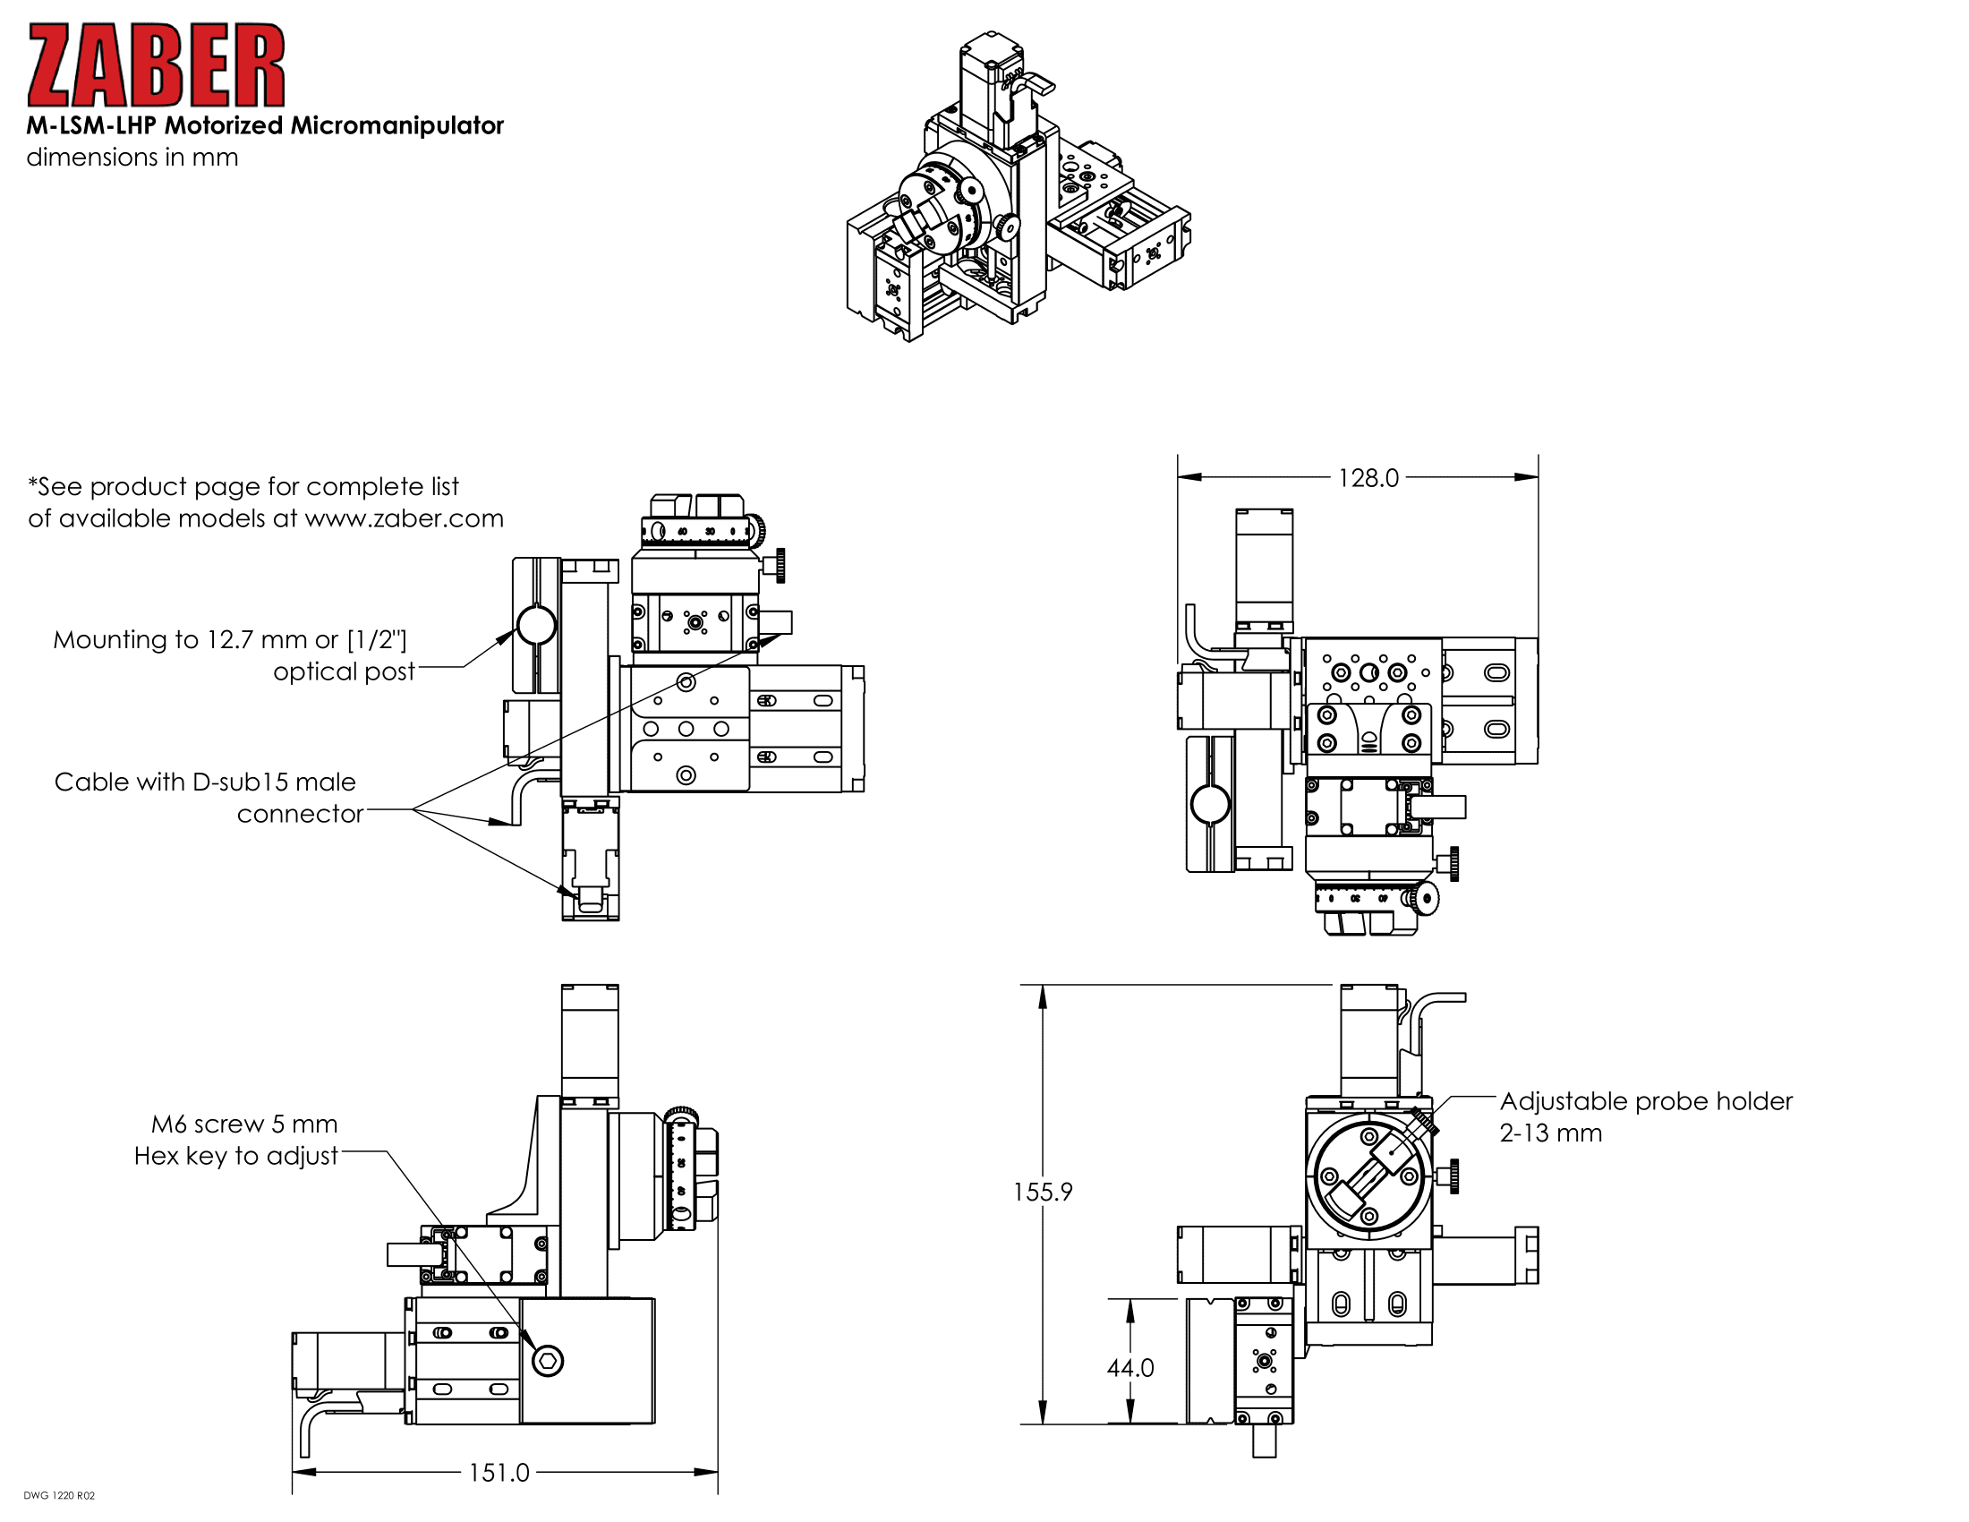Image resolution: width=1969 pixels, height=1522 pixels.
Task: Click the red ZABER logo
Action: (156, 66)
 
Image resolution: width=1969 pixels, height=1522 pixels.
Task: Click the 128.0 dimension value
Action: (1368, 478)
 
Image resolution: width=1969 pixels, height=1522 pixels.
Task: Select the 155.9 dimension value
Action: (1042, 1192)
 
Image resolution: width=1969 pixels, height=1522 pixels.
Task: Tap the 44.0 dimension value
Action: (1129, 1368)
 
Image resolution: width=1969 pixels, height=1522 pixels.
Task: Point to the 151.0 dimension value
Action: (499, 1474)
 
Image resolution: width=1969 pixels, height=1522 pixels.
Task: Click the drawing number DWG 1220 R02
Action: (58, 1496)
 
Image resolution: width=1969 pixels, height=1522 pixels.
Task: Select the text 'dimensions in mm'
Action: (132, 157)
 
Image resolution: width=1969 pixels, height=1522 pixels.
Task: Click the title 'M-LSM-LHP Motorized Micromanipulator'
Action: (264, 125)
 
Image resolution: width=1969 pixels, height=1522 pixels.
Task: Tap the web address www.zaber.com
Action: (404, 518)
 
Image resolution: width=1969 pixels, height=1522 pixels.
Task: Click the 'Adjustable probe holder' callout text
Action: (1645, 1101)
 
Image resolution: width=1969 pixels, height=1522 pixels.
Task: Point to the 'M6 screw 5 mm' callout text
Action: (244, 1124)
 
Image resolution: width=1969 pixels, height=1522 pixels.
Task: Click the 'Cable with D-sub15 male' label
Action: (205, 782)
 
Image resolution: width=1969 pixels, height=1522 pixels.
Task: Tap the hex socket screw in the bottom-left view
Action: (547, 1361)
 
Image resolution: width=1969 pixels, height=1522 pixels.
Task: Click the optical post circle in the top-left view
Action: (536, 624)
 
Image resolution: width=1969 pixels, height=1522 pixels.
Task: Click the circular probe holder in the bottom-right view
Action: (1368, 1175)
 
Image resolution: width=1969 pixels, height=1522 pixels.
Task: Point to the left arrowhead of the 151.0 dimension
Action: (298, 1473)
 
